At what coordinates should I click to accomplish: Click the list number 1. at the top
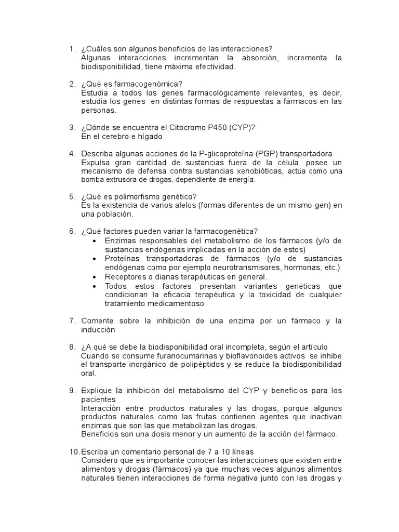(x=72, y=49)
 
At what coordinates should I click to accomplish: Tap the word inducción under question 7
(x=98, y=330)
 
